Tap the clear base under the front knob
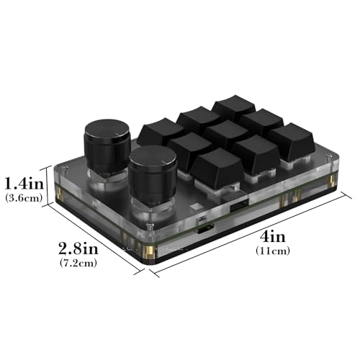click(x=150, y=209)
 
